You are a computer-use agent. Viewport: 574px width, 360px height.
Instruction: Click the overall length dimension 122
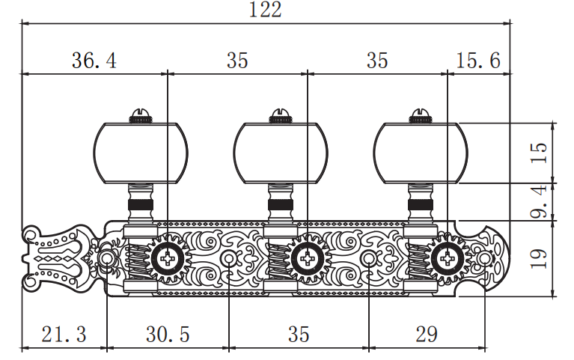(x=266, y=10)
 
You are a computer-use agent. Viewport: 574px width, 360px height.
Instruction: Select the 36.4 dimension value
(x=94, y=61)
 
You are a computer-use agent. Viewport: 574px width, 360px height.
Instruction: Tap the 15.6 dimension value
(x=478, y=61)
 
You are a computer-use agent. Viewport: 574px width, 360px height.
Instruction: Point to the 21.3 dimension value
(x=64, y=334)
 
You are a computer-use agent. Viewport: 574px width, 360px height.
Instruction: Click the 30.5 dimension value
(x=168, y=334)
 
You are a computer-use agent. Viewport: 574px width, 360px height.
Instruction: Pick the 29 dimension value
(x=427, y=334)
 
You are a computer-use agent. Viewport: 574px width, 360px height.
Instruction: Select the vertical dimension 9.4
(x=539, y=202)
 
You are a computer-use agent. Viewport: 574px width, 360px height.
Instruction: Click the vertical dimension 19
(x=539, y=258)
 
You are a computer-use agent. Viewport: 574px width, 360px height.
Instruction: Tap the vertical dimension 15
(x=539, y=153)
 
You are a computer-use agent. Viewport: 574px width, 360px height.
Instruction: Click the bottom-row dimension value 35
(x=299, y=334)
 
